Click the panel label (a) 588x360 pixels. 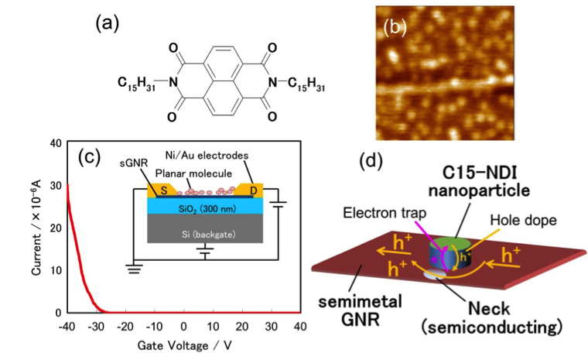(x=108, y=24)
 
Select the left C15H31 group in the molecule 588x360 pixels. (x=137, y=81)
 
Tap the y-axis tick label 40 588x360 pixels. (x=34, y=144)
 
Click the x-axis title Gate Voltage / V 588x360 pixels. (x=183, y=345)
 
